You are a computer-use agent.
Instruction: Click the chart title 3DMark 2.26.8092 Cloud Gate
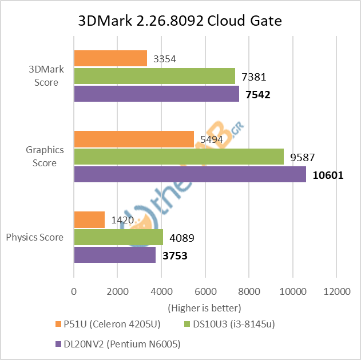[x=180, y=21]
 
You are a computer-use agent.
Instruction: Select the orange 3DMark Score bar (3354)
[x=110, y=58]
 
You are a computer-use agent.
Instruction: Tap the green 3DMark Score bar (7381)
[x=154, y=76]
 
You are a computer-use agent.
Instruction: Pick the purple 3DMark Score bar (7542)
[x=156, y=94]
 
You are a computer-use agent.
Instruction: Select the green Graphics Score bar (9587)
[x=178, y=157]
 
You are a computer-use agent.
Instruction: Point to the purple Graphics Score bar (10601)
[x=189, y=174]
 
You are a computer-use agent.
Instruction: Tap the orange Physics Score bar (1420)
[x=89, y=219]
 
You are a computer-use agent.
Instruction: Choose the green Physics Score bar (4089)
[x=118, y=237]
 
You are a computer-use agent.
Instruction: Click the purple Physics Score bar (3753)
[x=114, y=255]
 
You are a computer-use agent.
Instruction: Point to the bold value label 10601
[x=328, y=175]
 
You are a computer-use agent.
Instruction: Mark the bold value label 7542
[x=257, y=94]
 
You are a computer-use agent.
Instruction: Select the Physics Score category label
[x=35, y=237]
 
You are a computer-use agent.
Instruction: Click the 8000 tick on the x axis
[x=249, y=291]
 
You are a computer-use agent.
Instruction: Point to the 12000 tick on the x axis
[x=336, y=291]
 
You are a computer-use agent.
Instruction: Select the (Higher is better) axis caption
[x=205, y=307]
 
